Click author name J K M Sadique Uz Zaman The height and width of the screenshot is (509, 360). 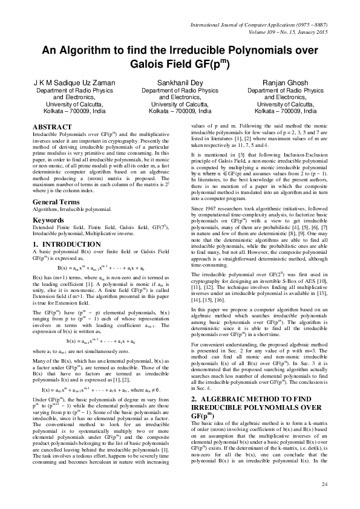coord(71,82)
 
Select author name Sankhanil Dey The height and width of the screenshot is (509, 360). coord(177,82)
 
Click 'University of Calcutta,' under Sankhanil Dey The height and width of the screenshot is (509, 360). coord(177,104)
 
